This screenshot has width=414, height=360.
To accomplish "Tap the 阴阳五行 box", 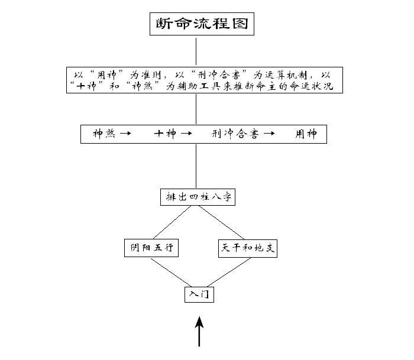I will coord(151,248).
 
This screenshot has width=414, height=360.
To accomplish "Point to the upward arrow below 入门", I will coord(199,331).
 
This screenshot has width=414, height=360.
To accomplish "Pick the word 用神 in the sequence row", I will coord(306,134).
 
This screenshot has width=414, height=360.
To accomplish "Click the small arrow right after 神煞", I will coord(125,134).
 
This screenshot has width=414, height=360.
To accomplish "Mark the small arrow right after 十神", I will coord(186,134).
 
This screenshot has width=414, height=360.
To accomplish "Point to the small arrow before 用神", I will coord(269,134).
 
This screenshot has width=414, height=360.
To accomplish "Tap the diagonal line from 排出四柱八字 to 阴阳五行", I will coord(171,222).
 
